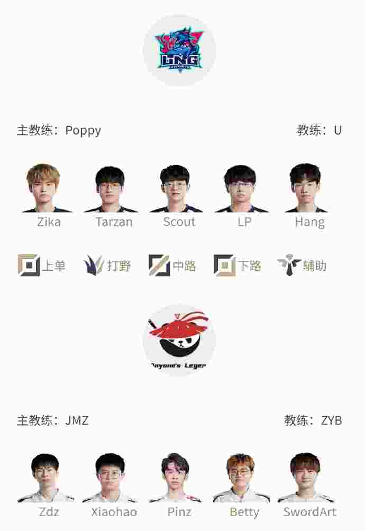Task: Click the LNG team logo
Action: pyautogui.click(x=179, y=50)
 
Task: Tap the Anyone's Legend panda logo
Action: pyautogui.click(x=179, y=340)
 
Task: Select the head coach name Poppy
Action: pyautogui.click(x=83, y=130)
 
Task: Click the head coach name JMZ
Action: pyautogui.click(x=77, y=420)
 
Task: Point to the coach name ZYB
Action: pyautogui.click(x=331, y=420)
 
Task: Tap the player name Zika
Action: pyautogui.click(x=49, y=222)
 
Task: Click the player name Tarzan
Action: pyautogui.click(x=114, y=222)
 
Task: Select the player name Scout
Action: pyautogui.click(x=179, y=222)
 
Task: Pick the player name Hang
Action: pyautogui.click(x=309, y=222)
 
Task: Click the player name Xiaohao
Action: pyautogui.click(x=114, y=512)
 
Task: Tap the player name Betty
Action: pyautogui.click(x=244, y=512)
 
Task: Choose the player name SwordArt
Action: pyautogui.click(x=309, y=512)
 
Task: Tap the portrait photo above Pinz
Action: pyautogui.click(x=175, y=478)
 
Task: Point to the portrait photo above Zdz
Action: pyautogui.click(x=45, y=478)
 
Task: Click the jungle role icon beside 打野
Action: pyautogui.click(x=94, y=265)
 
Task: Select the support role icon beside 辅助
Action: pyautogui.click(x=289, y=265)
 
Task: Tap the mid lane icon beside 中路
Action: pyautogui.click(x=159, y=265)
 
